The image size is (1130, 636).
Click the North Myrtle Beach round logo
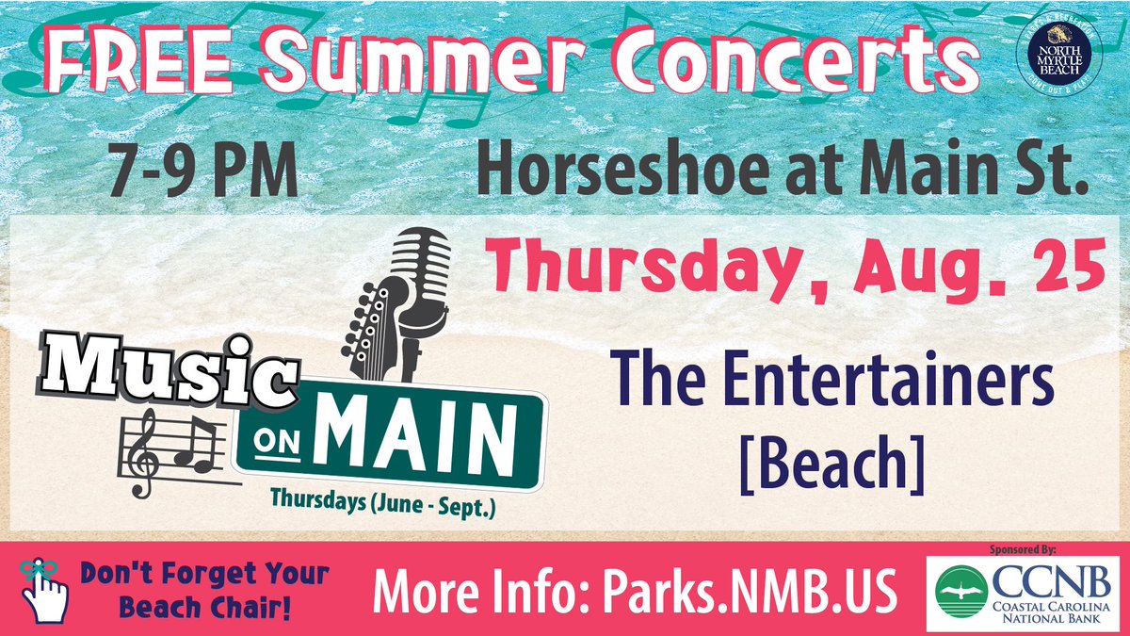pyautogui.click(x=1057, y=57)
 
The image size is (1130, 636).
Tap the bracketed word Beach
pyautogui.click(x=840, y=465)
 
